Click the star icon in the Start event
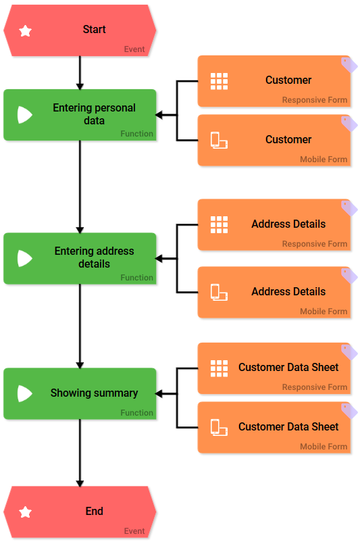point(25,30)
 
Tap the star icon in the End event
point(25,512)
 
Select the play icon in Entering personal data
point(25,115)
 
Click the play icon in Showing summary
point(25,393)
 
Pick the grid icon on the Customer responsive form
point(219,80)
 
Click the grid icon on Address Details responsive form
point(219,224)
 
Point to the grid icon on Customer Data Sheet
point(219,368)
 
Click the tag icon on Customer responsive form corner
point(349,64)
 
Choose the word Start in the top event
point(94,30)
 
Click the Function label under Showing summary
point(136,413)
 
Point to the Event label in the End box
point(134,531)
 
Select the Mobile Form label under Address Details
point(324,312)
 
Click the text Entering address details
point(94,257)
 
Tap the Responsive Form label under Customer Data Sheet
point(315,387)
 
